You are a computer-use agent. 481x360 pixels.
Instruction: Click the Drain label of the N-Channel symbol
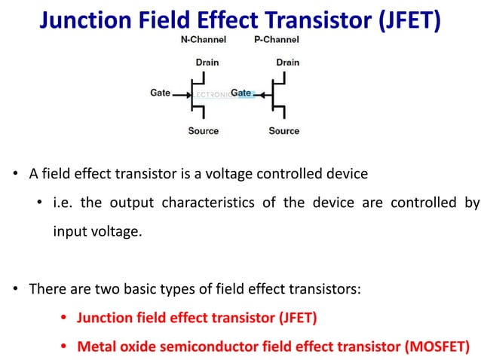tap(207, 63)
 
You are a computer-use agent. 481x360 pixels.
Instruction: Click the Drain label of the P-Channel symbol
tap(288, 63)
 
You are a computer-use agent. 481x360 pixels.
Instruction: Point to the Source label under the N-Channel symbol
tap(203, 131)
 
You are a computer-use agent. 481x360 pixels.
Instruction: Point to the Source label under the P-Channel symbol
tap(284, 131)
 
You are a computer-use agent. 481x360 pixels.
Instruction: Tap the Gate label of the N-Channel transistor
tap(160, 93)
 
